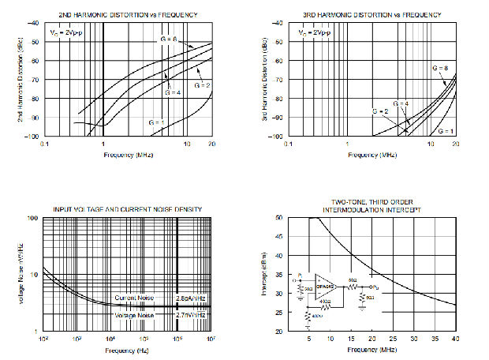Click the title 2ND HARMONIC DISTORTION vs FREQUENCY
tap(128, 14)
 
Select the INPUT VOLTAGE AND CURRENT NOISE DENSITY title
tap(127, 209)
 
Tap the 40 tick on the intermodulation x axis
tap(455, 339)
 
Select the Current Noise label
tap(134, 297)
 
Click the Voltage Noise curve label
tap(134, 314)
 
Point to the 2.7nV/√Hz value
tap(189, 314)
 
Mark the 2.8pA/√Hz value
tap(189, 297)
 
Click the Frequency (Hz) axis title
tap(128, 350)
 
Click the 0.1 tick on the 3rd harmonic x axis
tap(289, 144)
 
